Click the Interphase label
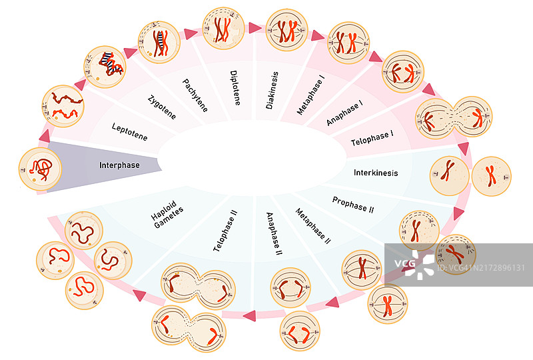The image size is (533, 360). click(119, 165)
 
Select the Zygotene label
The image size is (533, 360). click(163, 107)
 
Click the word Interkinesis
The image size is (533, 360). click(376, 173)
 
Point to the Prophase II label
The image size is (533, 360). click(353, 204)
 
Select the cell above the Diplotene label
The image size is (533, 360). click(223, 27)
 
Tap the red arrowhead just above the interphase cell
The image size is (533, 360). click(45, 136)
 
